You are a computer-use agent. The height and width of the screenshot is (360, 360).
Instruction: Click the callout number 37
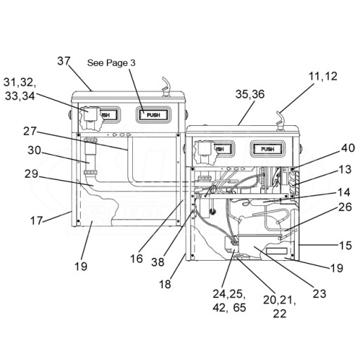click(x=64, y=61)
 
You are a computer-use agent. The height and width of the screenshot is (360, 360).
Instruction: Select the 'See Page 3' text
click(x=111, y=63)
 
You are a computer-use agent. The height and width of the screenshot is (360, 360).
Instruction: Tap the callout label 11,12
click(x=323, y=77)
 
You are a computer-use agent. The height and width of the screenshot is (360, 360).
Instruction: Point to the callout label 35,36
click(x=250, y=94)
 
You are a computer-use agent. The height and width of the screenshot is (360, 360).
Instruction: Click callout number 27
click(x=30, y=131)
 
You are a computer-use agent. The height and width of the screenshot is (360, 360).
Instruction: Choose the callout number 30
click(x=34, y=150)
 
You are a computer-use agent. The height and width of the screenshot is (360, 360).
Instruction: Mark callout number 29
click(x=31, y=174)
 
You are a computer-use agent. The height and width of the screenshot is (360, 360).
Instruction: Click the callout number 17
click(x=37, y=221)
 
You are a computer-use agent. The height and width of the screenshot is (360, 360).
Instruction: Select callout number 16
click(x=136, y=259)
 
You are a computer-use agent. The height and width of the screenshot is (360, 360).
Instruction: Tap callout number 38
click(x=157, y=262)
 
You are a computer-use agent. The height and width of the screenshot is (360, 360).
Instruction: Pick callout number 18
click(x=165, y=284)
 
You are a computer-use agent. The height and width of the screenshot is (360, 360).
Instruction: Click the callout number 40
click(x=348, y=148)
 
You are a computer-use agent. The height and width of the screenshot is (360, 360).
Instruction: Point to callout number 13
click(x=345, y=169)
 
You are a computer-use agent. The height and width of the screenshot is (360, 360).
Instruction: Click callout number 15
click(x=345, y=245)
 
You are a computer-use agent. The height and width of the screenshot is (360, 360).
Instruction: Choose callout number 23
click(x=319, y=294)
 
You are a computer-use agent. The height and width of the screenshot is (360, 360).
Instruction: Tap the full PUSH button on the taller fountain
click(x=153, y=115)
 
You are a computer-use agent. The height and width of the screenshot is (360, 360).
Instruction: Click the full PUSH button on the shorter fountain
click(x=268, y=149)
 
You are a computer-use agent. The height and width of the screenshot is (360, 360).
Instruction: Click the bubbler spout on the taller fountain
click(x=166, y=86)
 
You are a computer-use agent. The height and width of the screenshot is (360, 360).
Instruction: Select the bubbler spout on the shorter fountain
click(x=280, y=121)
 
